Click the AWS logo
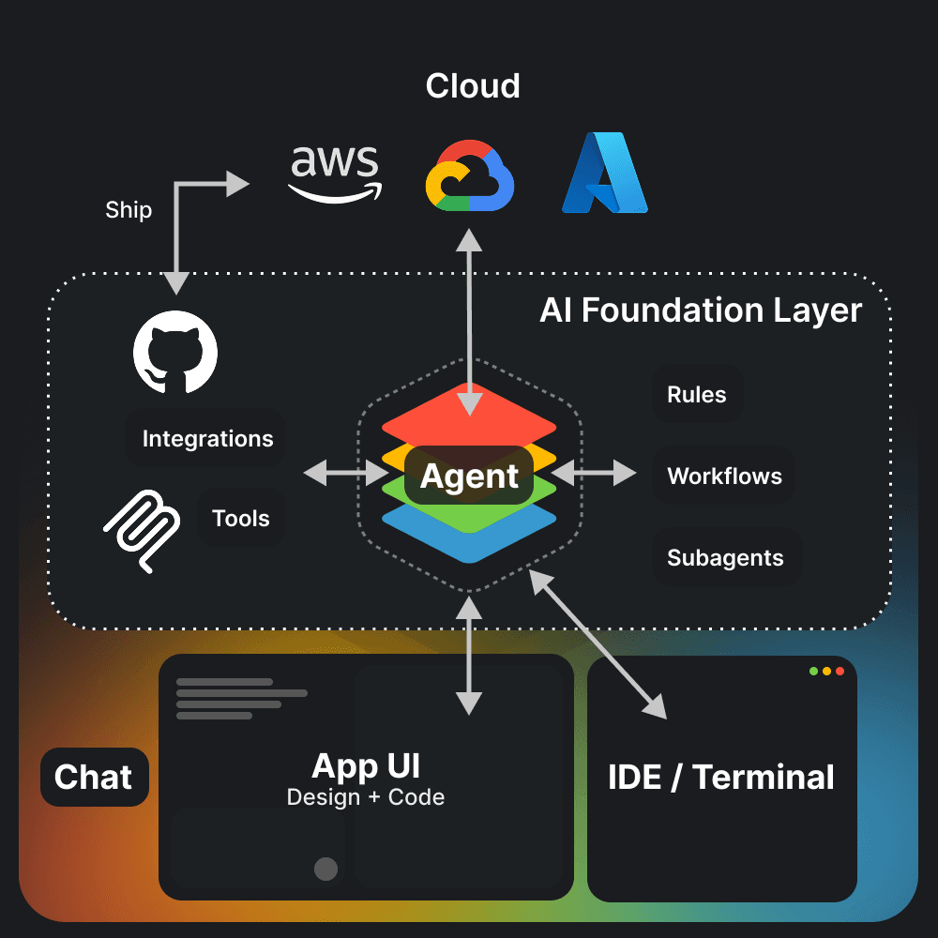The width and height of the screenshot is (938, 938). (335, 173)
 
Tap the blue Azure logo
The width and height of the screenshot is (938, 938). (605, 173)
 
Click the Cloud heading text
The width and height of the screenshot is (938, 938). (472, 86)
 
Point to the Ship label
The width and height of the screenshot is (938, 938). (129, 209)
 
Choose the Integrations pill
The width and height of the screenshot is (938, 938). (207, 439)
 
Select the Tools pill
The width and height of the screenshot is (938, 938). (241, 519)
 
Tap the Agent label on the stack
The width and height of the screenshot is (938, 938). (469, 477)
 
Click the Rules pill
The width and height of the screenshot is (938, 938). (697, 395)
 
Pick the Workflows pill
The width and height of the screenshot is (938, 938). (724, 477)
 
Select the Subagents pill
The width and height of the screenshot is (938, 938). (725, 558)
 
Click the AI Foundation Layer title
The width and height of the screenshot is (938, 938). (701, 310)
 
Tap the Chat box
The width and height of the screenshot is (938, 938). (94, 777)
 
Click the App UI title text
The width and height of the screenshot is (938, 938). (366, 766)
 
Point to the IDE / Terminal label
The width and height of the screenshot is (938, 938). (721, 778)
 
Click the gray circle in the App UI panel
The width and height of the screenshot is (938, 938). (325, 869)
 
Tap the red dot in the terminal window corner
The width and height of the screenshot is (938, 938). (840, 672)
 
